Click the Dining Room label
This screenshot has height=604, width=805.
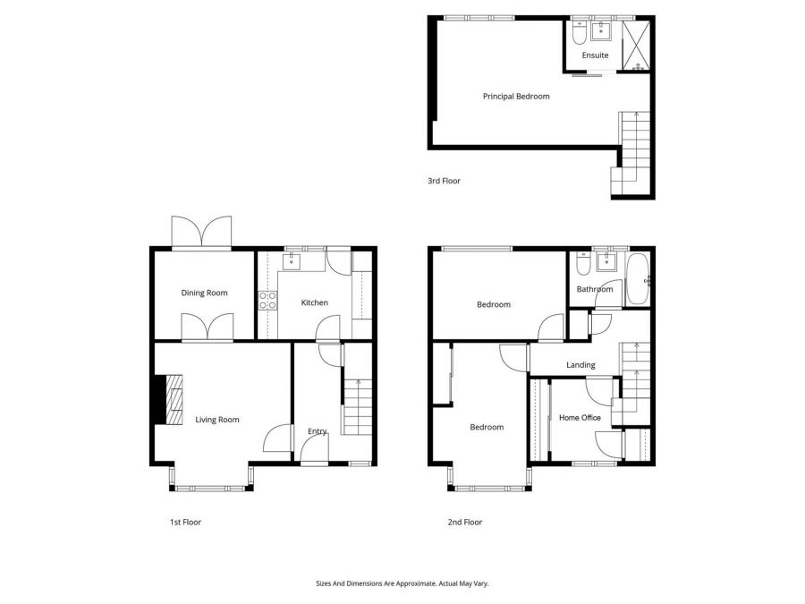(x=205, y=293)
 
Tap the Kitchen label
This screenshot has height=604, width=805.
(x=314, y=302)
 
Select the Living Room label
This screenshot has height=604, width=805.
(x=217, y=419)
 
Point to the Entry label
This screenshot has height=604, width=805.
(x=318, y=431)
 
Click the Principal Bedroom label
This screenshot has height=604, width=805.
(x=516, y=96)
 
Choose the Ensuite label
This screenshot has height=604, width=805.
(x=595, y=55)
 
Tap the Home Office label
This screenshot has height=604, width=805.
(x=580, y=418)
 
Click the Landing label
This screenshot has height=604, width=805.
(x=580, y=365)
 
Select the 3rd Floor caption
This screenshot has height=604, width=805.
(x=444, y=181)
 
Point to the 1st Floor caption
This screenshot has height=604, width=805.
(x=185, y=522)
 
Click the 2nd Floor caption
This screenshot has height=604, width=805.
(x=465, y=522)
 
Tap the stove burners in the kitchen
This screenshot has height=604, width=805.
(x=267, y=301)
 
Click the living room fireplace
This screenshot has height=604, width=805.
(x=171, y=397)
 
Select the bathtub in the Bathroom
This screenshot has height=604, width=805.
(x=638, y=279)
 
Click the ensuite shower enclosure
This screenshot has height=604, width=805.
(x=637, y=42)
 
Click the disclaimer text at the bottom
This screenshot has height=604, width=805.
(x=402, y=583)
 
